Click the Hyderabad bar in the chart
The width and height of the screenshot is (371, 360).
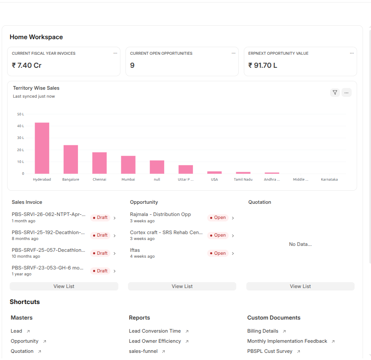(x=42, y=148)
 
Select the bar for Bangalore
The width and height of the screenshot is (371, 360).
(x=71, y=160)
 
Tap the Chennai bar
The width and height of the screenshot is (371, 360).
(x=99, y=163)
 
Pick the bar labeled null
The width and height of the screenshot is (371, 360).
(x=157, y=167)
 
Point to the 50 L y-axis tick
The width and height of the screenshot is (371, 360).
(x=21, y=114)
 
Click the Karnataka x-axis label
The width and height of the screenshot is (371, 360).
(x=329, y=179)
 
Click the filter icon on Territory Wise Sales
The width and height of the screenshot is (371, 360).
(x=335, y=93)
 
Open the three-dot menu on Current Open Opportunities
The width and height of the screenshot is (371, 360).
(x=234, y=53)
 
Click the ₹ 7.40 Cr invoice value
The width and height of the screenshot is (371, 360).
(x=27, y=65)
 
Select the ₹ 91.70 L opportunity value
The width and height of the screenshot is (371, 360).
(x=263, y=65)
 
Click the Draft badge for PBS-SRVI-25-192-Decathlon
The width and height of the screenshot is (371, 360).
(x=100, y=235)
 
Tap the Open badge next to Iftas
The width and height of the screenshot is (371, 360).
(x=218, y=253)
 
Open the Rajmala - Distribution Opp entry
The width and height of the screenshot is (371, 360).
(x=160, y=214)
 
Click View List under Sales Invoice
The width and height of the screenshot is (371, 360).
(x=64, y=286)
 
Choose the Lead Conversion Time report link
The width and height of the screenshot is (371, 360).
(x=155, y=331)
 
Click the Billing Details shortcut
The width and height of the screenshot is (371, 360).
(x=263, y=331)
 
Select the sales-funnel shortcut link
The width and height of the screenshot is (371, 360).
(x=143, y=351)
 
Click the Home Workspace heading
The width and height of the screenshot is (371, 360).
(x=36, y=37)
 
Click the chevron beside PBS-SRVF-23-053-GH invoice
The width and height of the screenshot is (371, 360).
(x=115, y=271)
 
